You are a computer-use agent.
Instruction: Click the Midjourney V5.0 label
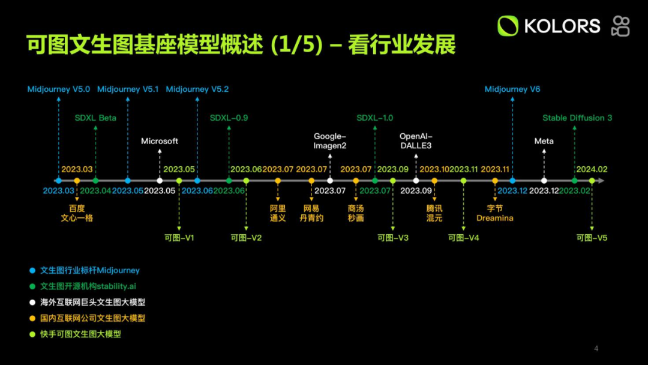click(59, 89)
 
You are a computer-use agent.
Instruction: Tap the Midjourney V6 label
click(512, 89)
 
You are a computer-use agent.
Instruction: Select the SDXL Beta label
click(95, 118)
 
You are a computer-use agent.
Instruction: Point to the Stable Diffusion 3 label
click(577, 118)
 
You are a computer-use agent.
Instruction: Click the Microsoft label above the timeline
click(160, 141)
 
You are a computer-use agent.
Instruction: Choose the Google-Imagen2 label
click(330, 141)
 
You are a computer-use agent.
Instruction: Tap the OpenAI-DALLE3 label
click(416, 141)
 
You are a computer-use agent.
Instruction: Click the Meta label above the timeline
click(544, 141)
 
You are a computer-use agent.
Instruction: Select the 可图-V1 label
click(179, 238)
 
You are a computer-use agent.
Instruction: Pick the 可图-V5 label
click(592, 238)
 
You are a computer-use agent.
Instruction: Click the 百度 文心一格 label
click(77, 213)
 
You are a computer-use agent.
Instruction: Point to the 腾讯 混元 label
click(434, 213)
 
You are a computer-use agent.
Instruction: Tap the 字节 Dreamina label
click(495, 213)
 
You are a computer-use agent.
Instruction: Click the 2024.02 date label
click(592, 169)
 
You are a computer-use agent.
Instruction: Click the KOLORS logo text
click(562, 26)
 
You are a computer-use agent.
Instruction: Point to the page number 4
click(596, 349)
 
